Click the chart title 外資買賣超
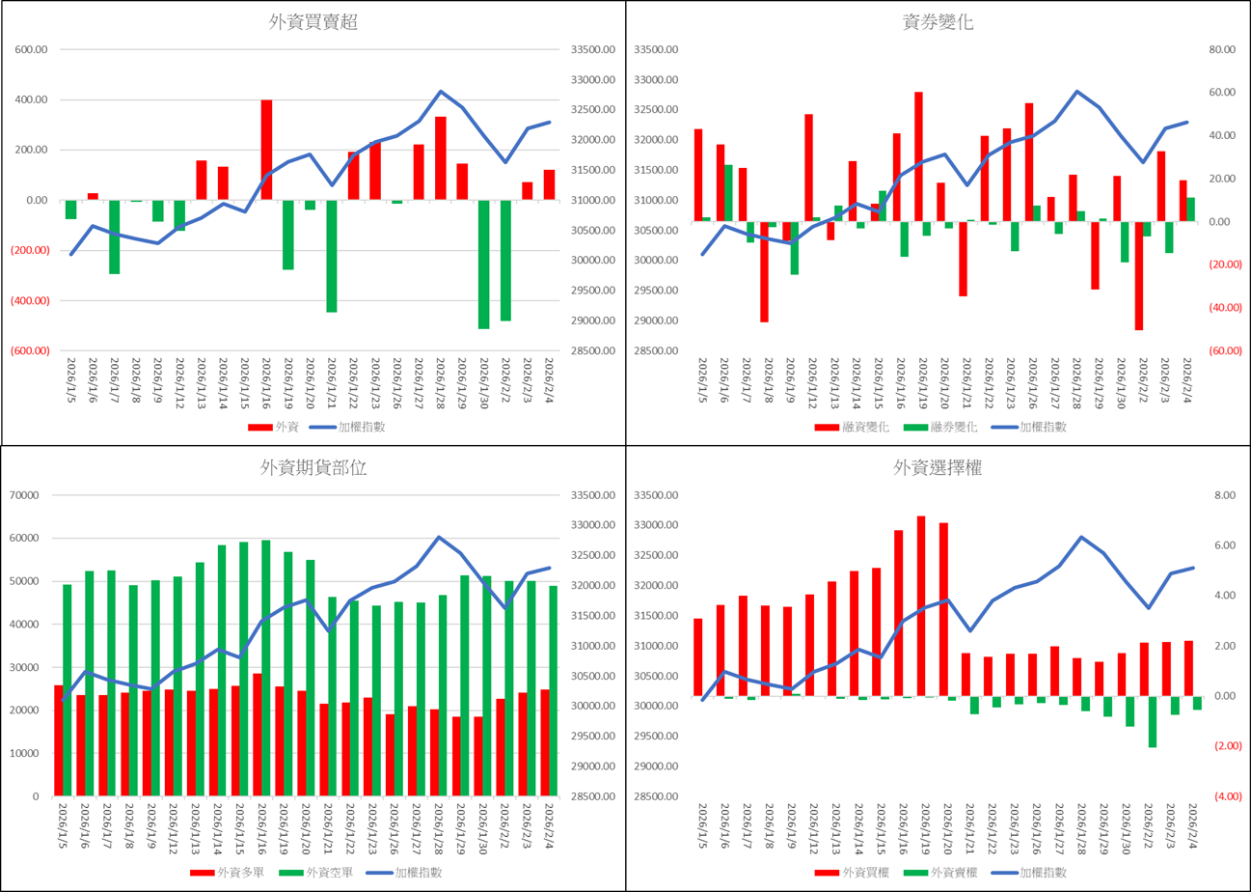[313, 23]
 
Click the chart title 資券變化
[937, 23]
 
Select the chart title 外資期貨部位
[313, 468]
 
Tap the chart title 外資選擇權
[937, 468]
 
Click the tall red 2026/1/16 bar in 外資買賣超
[266, 150]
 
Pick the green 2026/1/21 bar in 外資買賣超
[332, 256]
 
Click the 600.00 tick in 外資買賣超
[33, 50]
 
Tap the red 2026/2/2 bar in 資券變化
[1139, 276]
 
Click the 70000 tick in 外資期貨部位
[28, 495]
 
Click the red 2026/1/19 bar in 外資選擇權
[921, 606]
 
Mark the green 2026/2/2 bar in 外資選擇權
[1152, 721]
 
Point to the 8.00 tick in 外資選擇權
[1224, 495]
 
